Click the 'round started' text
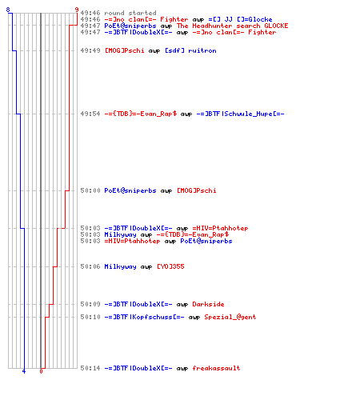(130, 13)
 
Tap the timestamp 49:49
(90, 50)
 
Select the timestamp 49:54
(90, 114)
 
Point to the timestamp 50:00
(90, 190)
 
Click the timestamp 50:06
(90, 266)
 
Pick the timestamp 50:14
(90, 368)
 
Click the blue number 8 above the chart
(8, 10)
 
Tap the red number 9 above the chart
(77, 10)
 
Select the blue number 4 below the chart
(24, 371)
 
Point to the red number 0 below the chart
(41, 371)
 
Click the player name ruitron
(202, 50)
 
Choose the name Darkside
(208, 304)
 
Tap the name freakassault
(216, 368)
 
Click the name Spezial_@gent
(230, 317)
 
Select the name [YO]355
(170, 266)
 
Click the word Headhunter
(212, 26)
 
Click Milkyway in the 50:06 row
(120, 266)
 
